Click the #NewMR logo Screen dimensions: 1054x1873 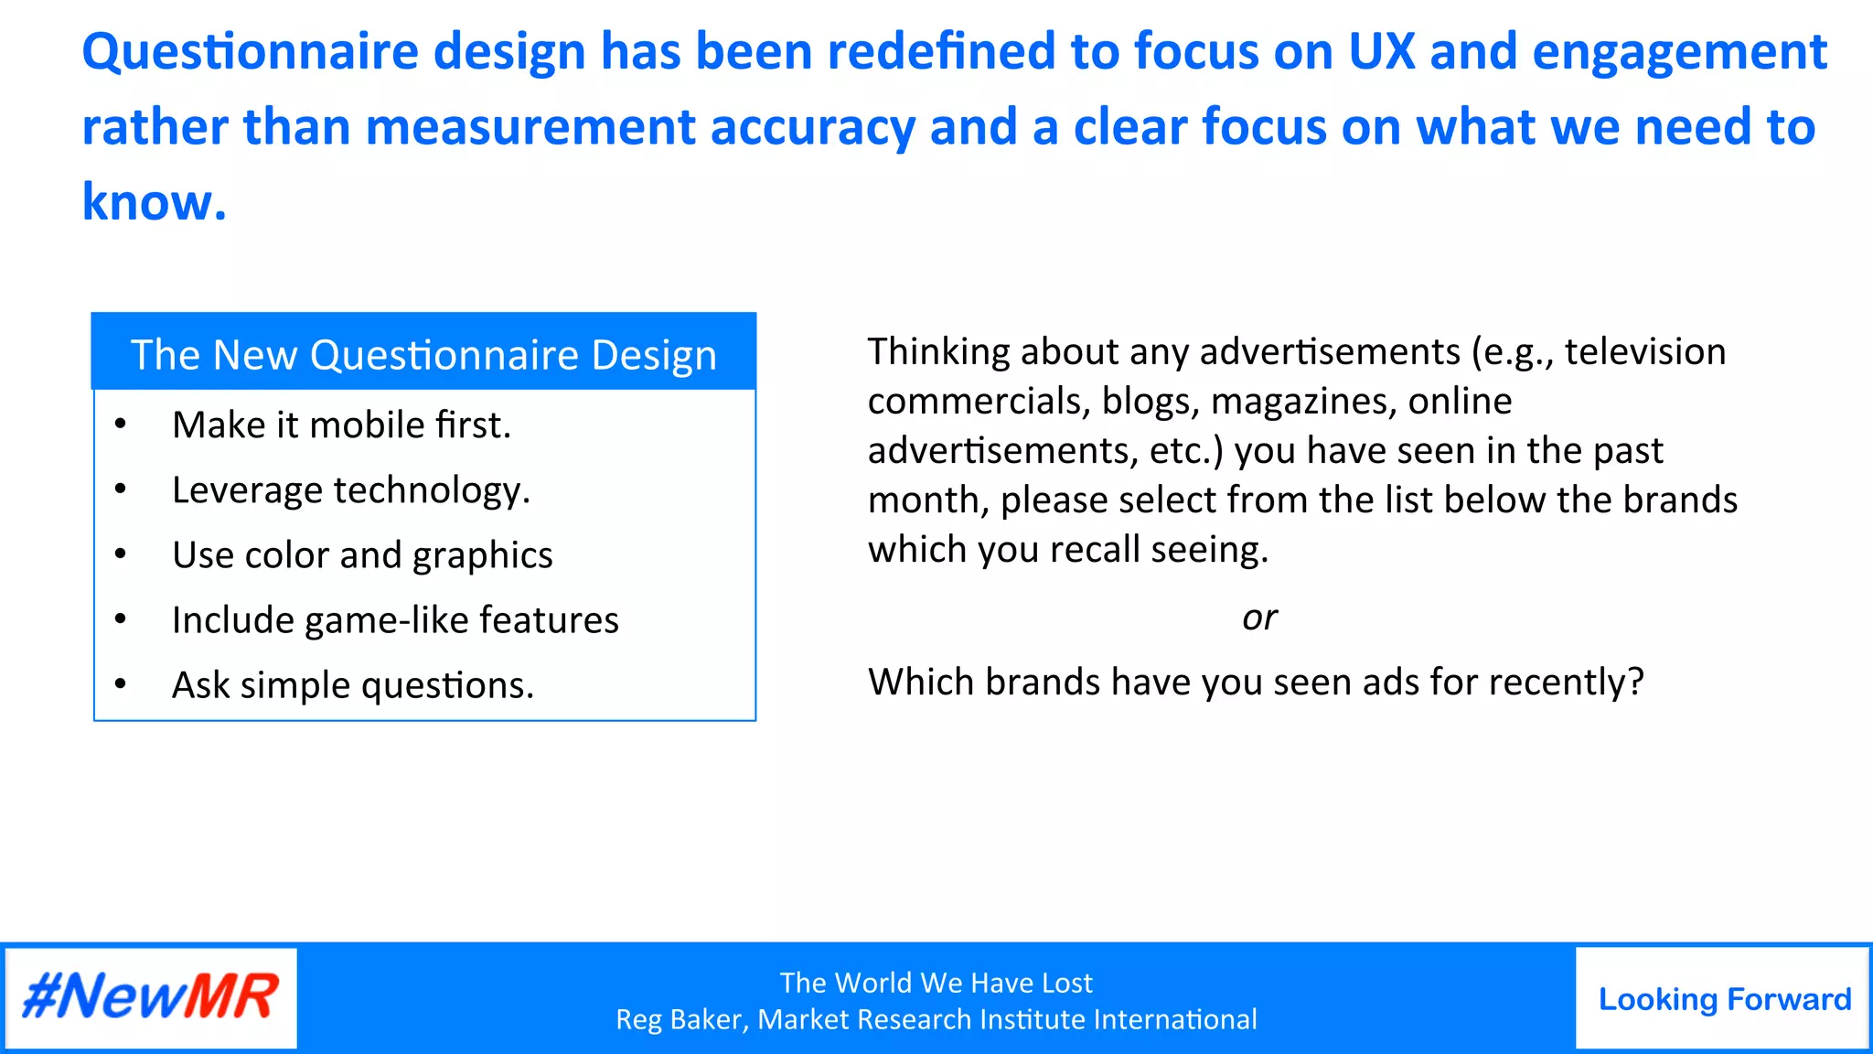pyautogui.click(x=151, y=997)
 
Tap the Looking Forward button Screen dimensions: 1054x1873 pyautogui.click(x=1724, y=999)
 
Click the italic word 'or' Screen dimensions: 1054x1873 pyautogui.click(x=1259, y=618)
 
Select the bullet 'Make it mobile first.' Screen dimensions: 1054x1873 pyautogui.click(x=341, y=425)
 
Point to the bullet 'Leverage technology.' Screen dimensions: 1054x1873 pyautogui.click(x=351, y=491)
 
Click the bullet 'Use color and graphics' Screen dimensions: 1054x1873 pyautogui.click(x=362, y=556)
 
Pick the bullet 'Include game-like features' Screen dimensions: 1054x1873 pyautogui.click(x=395, y=621)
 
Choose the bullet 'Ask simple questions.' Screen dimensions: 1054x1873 pyautogui.click(x=353, y=686)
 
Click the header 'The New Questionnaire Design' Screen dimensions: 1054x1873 pyautogui.click(x=423, y=355)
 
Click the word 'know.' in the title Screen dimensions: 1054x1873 pyautogui.click(x=154, y=202)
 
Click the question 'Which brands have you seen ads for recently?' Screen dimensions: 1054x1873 pyautogui.click(x=1256, y=683)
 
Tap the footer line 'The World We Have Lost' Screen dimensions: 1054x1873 pyautogui.click(x=936, y=983)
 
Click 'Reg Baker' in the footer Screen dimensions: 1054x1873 pyautogui.click(x=681, y=1019)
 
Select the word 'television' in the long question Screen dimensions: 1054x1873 pyautogui.click(x=1644, y=352)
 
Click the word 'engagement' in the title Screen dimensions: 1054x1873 pyautogui.click(x=1679, y=52)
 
